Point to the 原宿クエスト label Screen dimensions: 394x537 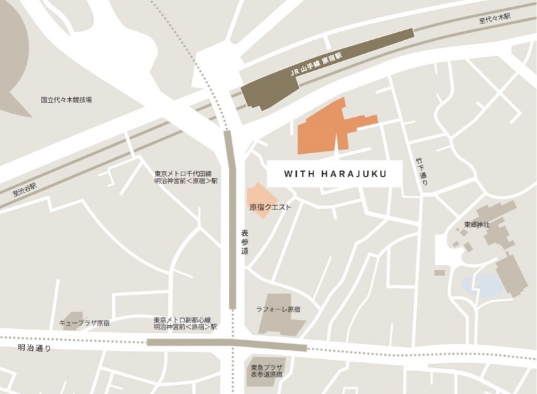pyautogui.click(x=271, y=208)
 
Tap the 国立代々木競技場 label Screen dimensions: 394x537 pyautogui.click(x=66, y=100)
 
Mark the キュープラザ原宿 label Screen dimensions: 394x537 pyautogui.click(x=85, y=324)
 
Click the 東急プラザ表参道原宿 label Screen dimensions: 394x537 pyautogui.click(x=266, y=372)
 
